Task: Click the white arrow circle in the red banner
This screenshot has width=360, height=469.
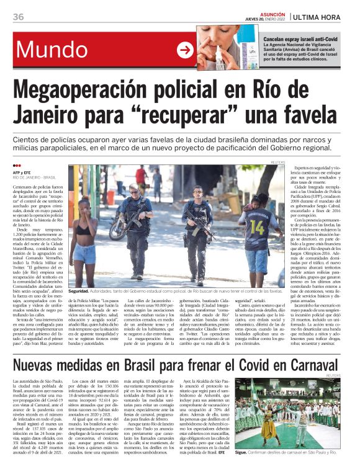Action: (x=185, y=50)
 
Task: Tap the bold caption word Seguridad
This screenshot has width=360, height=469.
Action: (x=79, y=290)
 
